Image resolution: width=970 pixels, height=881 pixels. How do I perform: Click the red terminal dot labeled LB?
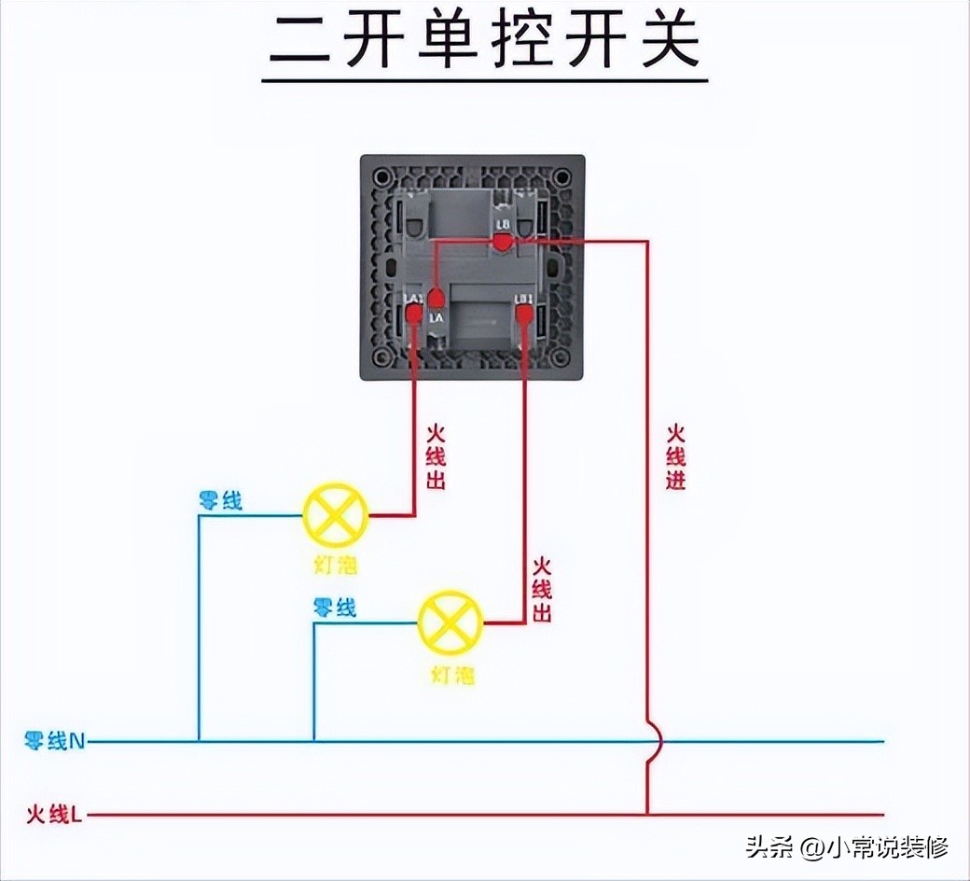[x=502, y=243]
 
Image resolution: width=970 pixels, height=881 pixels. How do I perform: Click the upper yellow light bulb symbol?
[x=336, y=515]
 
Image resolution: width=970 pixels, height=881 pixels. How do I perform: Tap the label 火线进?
[x=675, y=457]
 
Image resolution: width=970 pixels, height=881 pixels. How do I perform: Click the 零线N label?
[x=55, y=742]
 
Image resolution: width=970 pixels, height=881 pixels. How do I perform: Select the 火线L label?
[x=54, y=815]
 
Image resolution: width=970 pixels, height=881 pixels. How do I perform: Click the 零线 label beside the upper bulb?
[x=220, y=501]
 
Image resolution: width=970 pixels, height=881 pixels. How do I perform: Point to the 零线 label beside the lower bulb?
[x=335, y=608]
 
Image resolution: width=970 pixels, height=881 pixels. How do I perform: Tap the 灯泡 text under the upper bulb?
[x=336, y=566]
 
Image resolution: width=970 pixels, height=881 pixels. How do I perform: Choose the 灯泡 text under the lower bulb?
[x=451, y=674]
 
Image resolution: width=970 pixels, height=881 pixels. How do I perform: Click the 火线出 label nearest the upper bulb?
[x=436, y=457]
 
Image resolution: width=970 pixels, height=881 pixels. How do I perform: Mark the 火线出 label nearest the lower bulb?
[x=541, y=590]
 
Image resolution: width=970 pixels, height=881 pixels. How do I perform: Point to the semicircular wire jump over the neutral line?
[x=655, y=742]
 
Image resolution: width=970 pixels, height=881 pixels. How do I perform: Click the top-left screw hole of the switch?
[x=381, y=175]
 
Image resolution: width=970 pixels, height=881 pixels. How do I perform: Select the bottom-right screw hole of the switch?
[x=563, y=359]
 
